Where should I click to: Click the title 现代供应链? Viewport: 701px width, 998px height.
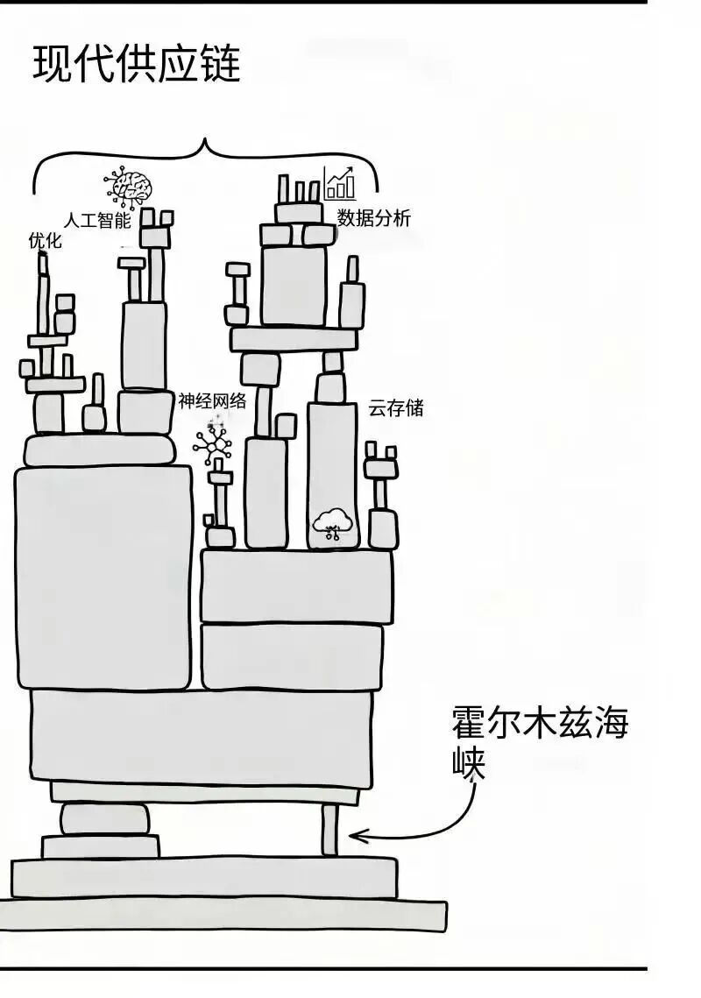coord(136,64)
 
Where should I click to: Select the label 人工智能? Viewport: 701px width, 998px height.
coord(98,219)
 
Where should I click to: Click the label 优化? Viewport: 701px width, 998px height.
coord(45,240)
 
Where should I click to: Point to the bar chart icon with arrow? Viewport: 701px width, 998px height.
coord(339,183)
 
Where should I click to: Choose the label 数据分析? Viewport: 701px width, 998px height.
coord(374,219)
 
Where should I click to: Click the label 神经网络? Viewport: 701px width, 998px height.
coord(212,401)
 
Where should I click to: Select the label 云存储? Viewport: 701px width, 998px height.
coord(396,407)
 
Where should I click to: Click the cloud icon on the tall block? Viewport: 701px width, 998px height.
coord(332,525)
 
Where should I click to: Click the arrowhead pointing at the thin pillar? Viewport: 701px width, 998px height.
coord(355,838)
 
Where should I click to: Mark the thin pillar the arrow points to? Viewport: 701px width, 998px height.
coord(329,830)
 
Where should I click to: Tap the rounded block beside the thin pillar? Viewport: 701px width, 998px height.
coord(105,819)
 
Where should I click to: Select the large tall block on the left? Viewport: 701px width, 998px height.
coord(103,577)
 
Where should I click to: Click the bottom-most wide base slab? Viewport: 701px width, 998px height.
coord(223,915)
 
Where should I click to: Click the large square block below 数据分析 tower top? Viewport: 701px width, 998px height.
coord(294,285)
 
